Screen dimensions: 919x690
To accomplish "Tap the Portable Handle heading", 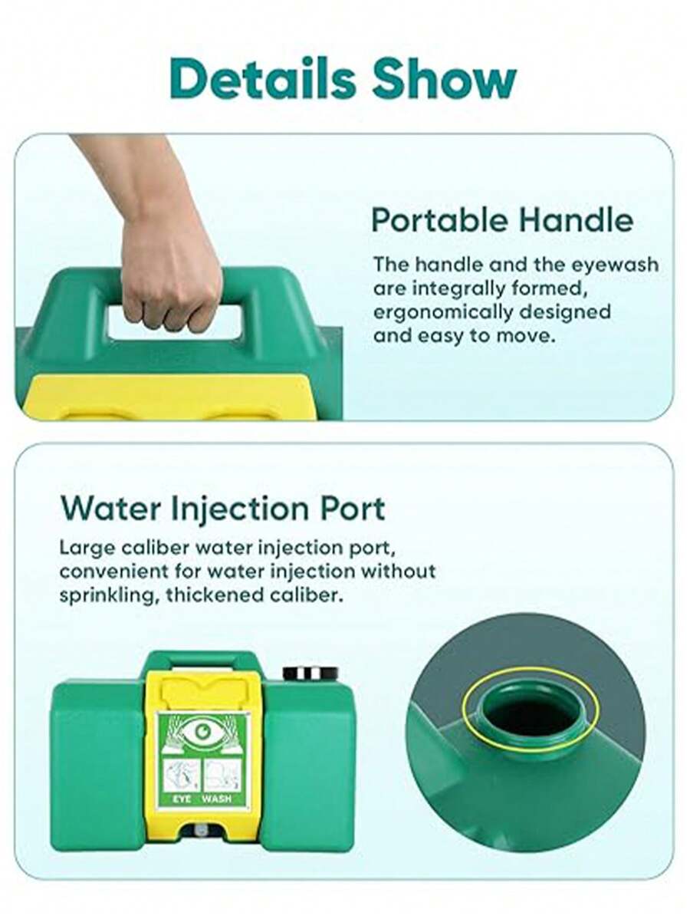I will (502, 220).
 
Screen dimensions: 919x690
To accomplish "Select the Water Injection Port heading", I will (223, 508).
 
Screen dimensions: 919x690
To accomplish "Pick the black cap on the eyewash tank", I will (310, 674).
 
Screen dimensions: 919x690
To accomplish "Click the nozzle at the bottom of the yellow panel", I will (201, 829).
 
